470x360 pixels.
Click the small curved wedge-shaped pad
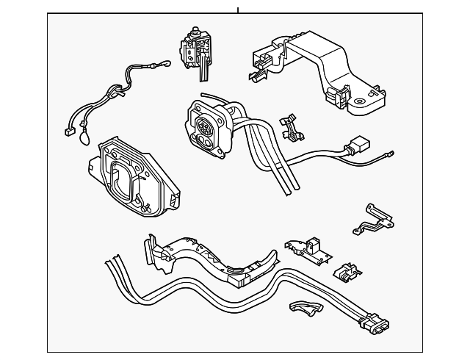305,311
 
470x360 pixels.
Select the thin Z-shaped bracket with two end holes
372,218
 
